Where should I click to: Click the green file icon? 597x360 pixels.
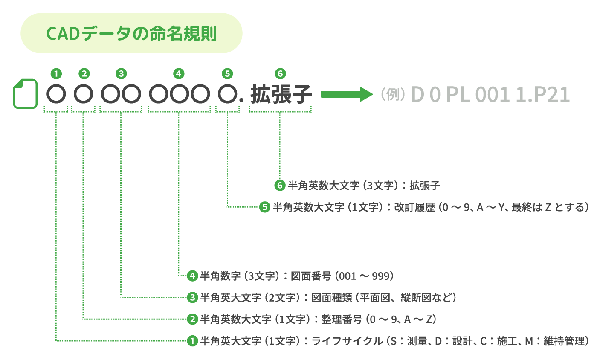(25, 94)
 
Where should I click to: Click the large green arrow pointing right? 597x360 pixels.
(347, 94)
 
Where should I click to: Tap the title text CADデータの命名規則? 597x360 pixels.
(131, 34)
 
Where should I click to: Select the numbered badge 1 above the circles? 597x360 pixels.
(56, 74)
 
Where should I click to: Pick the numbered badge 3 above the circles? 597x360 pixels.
(121, 74)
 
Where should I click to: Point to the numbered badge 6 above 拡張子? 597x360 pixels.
(281, 74)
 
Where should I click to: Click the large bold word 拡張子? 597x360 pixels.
(281, 94)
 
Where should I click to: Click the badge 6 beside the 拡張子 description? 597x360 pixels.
(280, 186)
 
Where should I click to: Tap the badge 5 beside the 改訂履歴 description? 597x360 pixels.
(265, 207)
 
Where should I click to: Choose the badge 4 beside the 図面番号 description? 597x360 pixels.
(192, 276)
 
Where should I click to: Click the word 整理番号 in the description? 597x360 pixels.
(342, 319)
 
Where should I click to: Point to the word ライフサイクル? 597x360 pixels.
(347, 341)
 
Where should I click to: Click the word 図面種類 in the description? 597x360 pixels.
(332, 298)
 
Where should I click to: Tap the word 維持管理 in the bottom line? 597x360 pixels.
(564, 341)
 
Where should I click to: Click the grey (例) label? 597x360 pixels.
(393, 94)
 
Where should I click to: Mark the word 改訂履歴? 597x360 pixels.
(414, 207)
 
